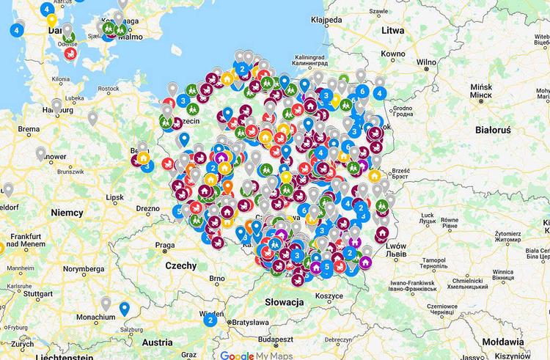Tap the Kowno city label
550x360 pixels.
click(393, 54)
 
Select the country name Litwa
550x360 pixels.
click(394, 30)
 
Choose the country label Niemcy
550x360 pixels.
click(67, 212)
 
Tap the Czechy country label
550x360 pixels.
click(181, 265)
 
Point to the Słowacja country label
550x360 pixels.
click(285, 301)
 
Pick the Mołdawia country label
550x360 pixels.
click(503, 342)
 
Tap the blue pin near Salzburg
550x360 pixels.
click(125, 309)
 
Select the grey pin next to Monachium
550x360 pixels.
click(106, 303)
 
